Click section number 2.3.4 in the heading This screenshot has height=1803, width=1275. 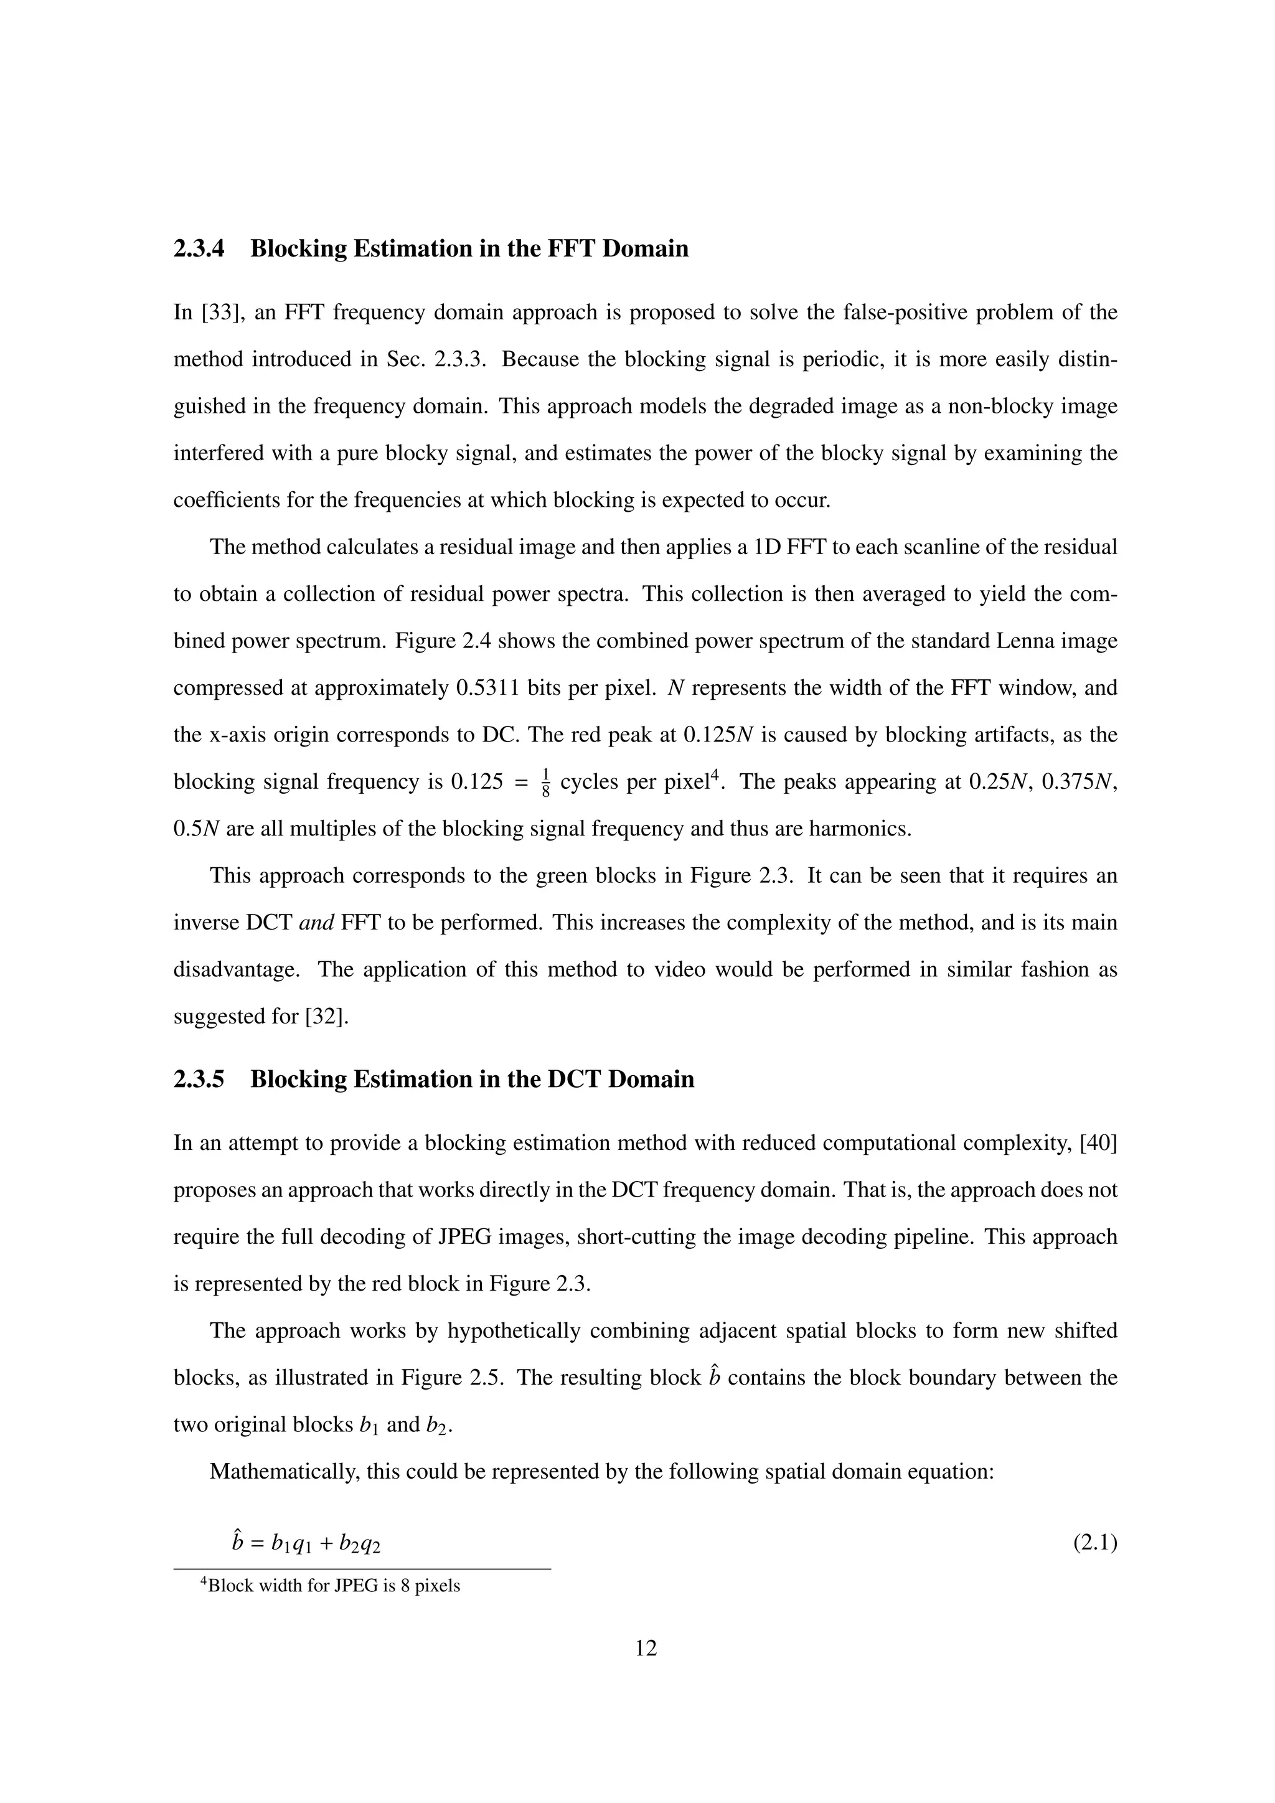198,249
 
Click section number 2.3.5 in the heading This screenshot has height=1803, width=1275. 198,1080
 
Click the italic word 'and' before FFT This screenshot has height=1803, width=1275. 318,923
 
